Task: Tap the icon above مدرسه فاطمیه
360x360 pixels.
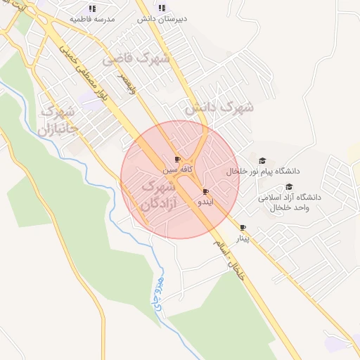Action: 93,8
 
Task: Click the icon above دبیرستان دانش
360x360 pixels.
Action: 162,8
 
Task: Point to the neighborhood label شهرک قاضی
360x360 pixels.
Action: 136,60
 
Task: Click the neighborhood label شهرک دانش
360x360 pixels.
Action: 219,109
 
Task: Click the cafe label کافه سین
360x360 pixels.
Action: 176,169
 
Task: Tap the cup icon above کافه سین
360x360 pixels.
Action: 177,160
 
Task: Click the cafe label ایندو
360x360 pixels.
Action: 202,202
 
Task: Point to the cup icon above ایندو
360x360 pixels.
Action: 205,191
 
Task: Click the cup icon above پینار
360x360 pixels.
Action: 243,228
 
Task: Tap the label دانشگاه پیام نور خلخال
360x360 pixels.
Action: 263,172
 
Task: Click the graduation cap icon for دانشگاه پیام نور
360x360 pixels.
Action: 263,161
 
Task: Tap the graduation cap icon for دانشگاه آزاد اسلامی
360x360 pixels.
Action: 288,186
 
